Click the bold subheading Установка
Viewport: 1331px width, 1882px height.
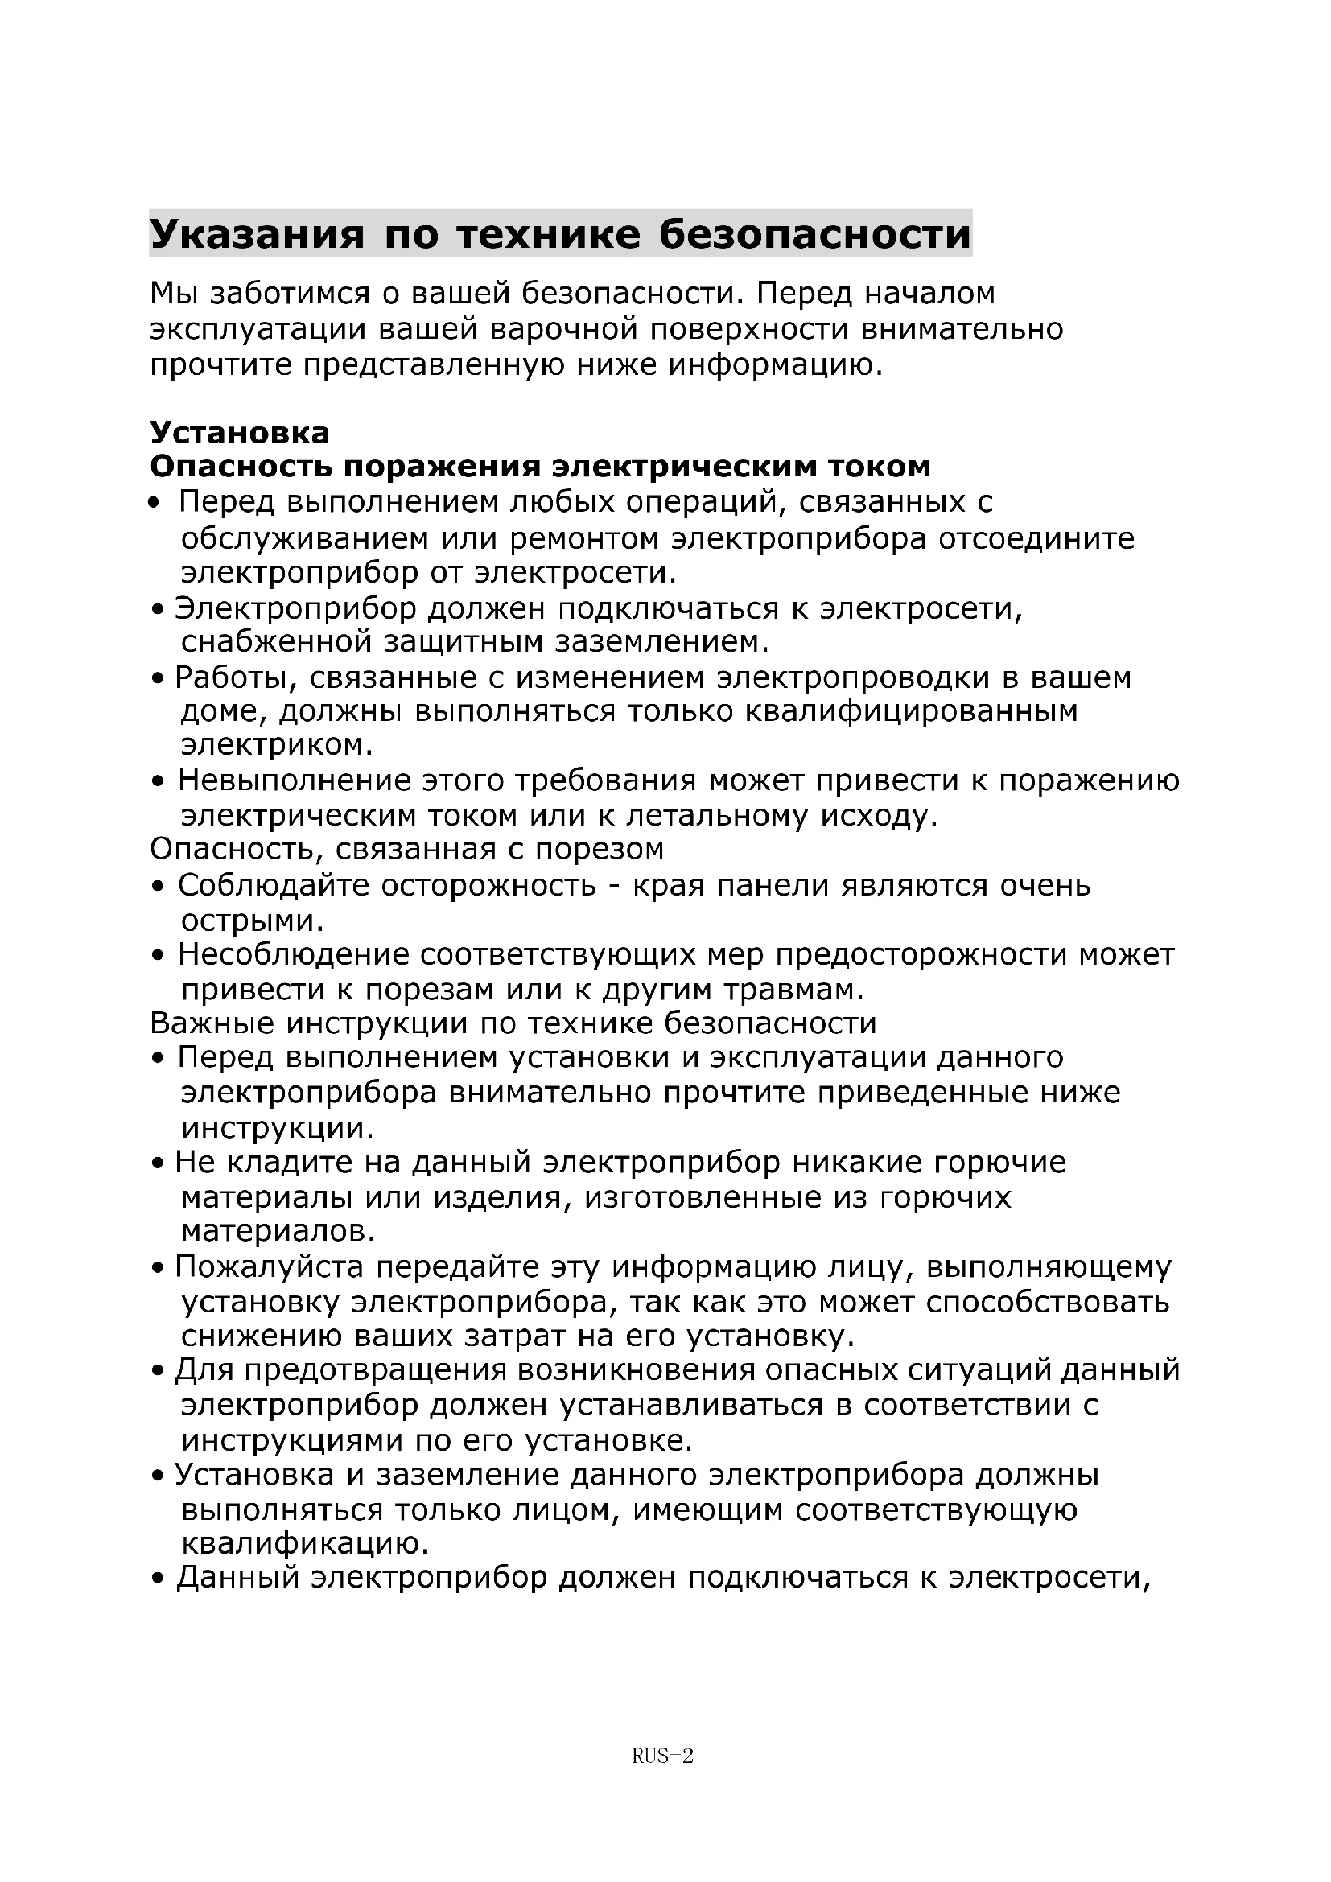click(239, 432)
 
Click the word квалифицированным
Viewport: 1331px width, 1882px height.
click(912, 710)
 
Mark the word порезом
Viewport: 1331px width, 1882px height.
click(600, 849)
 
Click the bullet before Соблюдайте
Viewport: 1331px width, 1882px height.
click(159, 887)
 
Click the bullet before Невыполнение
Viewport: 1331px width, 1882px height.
click(159, 782)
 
